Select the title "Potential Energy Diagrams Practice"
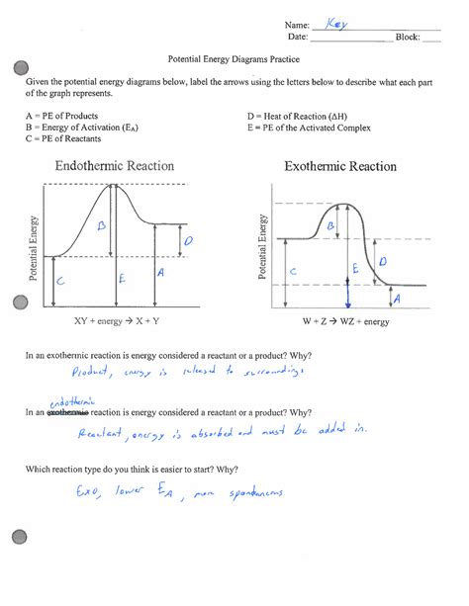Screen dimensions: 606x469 pos(234,58)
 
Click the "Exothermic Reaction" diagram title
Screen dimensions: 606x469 pos(340,167)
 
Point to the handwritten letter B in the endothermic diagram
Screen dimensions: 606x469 pos(101,226)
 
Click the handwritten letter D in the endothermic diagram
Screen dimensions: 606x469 pos(188,240)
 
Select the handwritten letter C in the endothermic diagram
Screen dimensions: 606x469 pos(60,282)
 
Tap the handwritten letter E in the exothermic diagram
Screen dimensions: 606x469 pos(354,268)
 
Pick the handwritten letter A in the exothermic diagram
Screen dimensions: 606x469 pos(397,298)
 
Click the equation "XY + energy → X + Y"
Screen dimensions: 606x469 pos(117,321)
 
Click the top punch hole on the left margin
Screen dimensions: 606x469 pos(17,67)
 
